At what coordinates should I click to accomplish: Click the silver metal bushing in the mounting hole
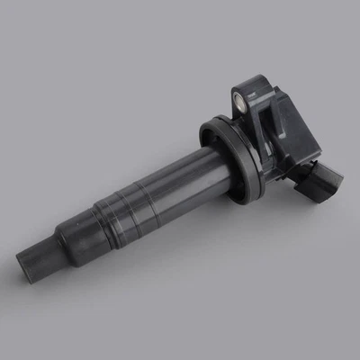(x=240, y=97)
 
